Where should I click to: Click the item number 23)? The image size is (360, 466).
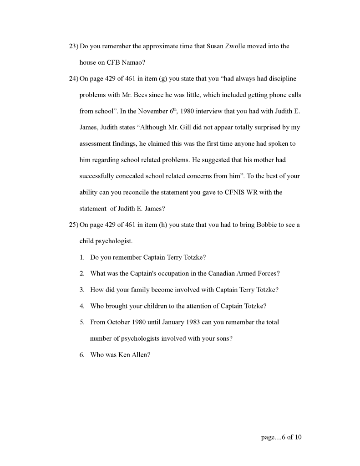[x=73, y=46]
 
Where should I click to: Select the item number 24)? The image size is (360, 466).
[x=73, y=79]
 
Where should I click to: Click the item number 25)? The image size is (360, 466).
[x=73, y=225]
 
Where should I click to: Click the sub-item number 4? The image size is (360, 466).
[x=82, y=306]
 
